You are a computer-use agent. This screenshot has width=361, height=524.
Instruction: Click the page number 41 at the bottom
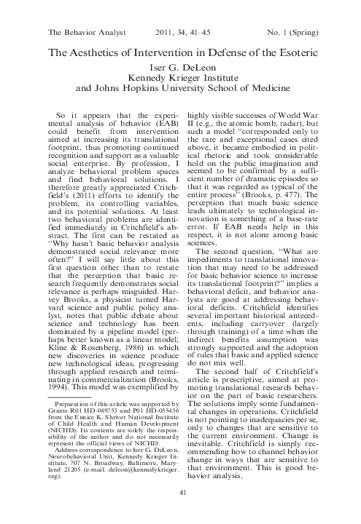click(180, 493)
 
